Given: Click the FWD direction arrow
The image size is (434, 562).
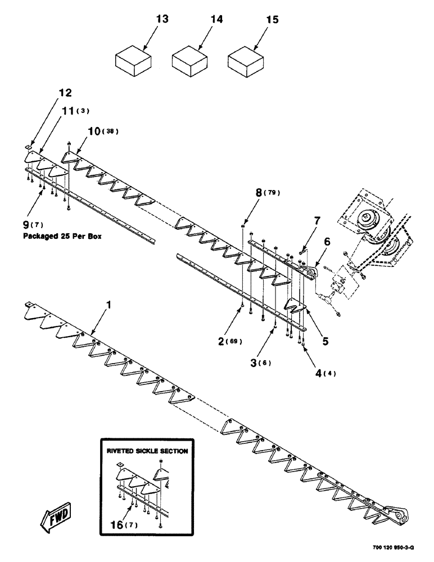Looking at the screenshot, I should pyautogui.click(x=55, y=515).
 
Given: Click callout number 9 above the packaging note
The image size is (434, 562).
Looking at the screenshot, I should pyautogui.click(x=26, y=226).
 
